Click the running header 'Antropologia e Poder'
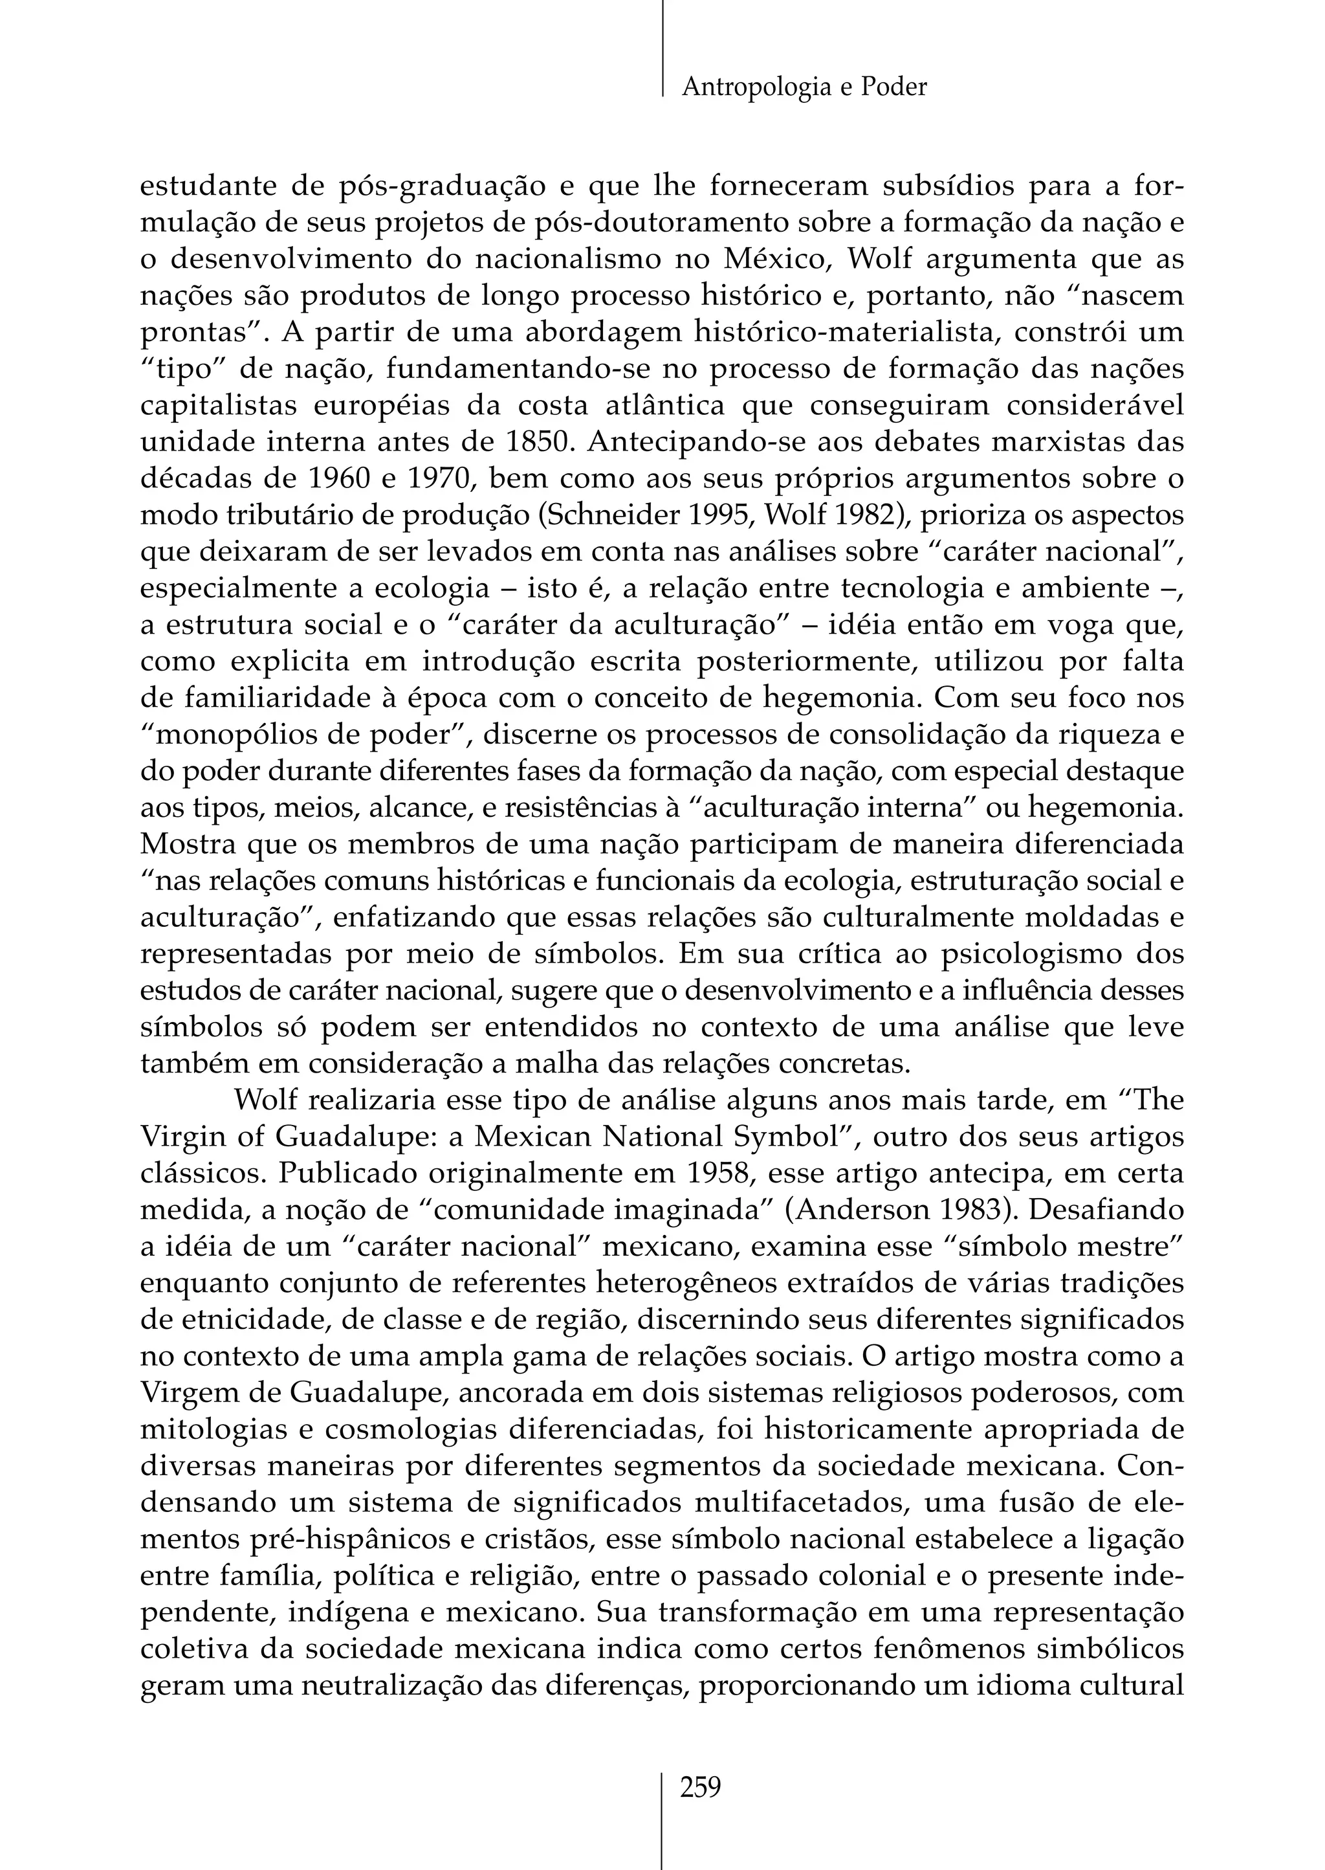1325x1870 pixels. click(804, 87)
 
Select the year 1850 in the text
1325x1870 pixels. click(531, 441)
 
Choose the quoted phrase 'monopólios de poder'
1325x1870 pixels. click(303, 735)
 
